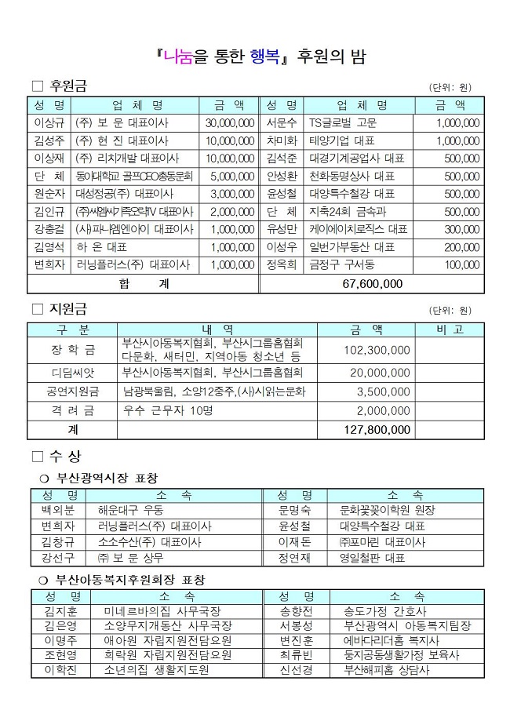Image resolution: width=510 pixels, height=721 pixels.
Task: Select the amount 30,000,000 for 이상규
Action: (229, 123)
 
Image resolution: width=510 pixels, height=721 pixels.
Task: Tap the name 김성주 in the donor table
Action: (49, 141)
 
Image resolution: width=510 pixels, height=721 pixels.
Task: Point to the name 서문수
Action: (282, 123)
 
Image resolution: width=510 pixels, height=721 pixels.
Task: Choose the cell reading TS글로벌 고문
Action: (343, 123)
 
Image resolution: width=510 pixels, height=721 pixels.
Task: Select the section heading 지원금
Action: (70, 310)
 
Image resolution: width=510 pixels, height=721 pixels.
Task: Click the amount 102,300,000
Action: (377, 350)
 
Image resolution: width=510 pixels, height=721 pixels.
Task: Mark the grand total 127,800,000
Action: (377, 430)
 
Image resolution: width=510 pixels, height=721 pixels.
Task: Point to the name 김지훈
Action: (60, 610)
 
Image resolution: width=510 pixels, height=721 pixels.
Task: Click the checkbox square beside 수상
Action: (38, 457)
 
